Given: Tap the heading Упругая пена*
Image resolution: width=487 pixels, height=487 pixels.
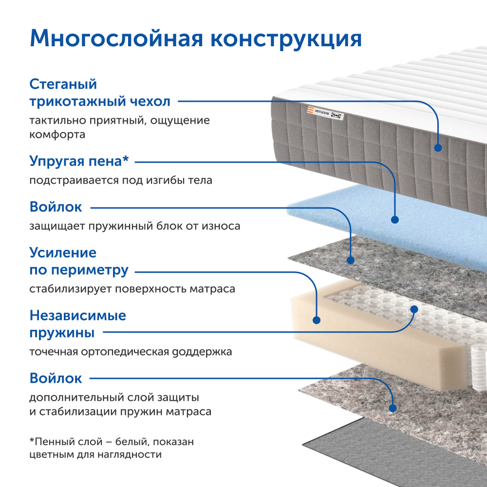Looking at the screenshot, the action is [x=81, y=160].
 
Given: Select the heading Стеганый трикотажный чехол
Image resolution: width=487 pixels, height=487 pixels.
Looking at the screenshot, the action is [x=100, y=93].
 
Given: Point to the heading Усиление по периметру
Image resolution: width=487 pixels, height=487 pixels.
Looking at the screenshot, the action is [x=79, y=261].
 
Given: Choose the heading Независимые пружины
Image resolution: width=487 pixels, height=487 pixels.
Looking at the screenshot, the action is [x=78, y=324].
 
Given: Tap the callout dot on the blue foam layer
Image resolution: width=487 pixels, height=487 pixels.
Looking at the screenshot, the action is [x=395, y=220].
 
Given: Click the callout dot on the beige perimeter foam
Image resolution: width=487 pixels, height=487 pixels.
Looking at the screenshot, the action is [x=317, y=320].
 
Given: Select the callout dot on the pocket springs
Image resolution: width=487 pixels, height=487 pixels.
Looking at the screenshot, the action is [x=414, y=309].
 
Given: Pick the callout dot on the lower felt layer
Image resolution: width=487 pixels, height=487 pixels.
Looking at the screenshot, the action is [x=393, y=406].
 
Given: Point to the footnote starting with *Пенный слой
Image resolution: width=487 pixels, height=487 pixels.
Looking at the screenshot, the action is [x=112, y=448].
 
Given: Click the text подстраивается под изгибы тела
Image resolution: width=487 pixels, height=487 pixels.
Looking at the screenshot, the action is [x=121, y=180].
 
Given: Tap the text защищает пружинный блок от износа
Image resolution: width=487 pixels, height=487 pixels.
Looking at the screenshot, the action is [x=134, y=226].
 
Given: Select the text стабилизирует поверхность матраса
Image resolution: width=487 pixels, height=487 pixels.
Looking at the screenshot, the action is [x=132, y=289].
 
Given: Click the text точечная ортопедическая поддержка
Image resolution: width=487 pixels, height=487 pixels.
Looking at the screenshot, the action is [x=131, y=351].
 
